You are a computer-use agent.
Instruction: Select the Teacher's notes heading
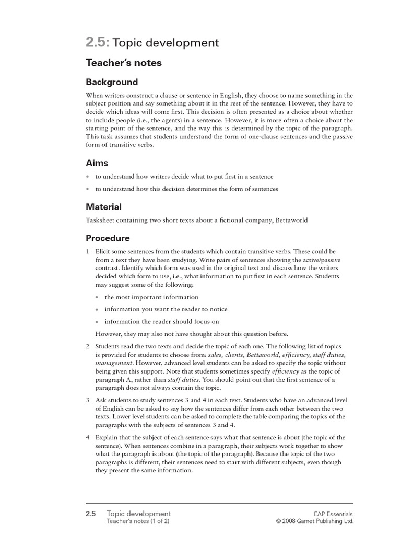[124, 63]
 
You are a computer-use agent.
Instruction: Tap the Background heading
[112, 82]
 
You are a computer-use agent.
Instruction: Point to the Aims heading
[97, 164]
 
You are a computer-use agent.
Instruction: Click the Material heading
[103, 207]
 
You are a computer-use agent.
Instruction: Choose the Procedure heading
[108, 238]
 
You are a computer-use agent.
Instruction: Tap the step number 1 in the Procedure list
[88, 251]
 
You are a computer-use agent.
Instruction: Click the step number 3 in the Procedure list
[88, 400]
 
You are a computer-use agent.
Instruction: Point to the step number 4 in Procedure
[88, 437]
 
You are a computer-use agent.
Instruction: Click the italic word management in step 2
[114, 362]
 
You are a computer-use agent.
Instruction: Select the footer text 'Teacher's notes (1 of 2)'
[138, 521]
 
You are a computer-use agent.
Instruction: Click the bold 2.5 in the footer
[91, 514]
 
